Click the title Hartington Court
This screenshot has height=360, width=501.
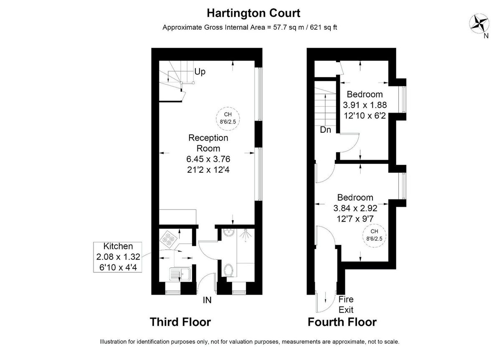253,13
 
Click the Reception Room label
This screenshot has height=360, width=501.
208,143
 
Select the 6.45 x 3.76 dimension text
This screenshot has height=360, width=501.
208,159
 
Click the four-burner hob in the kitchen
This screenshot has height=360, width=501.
169,239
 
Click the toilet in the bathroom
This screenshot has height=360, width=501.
228,270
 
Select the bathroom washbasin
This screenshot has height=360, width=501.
229,233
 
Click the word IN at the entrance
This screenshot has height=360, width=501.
207,300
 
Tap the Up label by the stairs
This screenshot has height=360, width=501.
200,72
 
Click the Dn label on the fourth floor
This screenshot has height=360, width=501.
326,130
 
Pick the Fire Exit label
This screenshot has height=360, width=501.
346,305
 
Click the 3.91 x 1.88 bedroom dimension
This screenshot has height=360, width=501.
364,105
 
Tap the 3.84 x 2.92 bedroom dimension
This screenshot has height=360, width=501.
355,208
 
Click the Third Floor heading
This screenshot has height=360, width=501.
180,322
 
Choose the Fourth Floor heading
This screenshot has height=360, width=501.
342,322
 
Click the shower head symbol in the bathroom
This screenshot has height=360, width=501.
246,236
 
